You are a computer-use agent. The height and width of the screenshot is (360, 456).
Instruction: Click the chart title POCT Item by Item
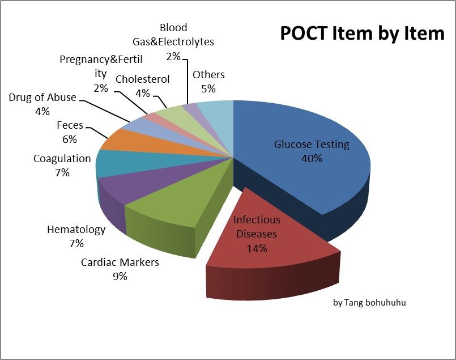363,33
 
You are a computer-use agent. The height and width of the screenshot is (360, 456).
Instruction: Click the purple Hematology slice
122,190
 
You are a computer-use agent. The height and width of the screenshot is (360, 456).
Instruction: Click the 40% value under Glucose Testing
312,159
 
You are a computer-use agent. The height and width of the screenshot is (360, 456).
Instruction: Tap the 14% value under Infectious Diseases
257,248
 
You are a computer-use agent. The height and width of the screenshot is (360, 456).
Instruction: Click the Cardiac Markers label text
120,262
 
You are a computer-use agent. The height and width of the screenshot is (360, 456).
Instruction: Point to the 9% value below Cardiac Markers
120,277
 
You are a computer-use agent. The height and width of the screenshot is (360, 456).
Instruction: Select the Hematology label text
76,230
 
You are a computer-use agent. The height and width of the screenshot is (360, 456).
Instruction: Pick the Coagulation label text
62,159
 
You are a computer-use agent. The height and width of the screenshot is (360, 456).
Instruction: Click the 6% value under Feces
70,139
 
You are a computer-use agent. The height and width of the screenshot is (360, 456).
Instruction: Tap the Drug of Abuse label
42,98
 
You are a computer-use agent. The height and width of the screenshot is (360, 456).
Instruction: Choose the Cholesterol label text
142,79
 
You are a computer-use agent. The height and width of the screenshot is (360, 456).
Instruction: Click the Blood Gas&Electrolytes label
173,35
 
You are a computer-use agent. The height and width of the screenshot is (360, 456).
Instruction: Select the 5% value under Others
208,88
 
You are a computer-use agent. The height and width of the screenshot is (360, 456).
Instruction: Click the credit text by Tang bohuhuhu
369,303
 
